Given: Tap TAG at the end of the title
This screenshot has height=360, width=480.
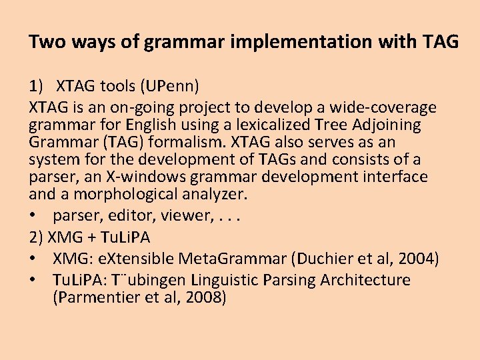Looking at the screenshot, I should coord(440,42).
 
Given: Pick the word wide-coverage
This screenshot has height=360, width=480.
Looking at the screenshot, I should coord(383,107).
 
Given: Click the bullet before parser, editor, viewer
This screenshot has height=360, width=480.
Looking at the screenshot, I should coord(33,215).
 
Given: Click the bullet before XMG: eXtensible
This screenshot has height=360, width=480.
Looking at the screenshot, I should coord(33,258).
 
